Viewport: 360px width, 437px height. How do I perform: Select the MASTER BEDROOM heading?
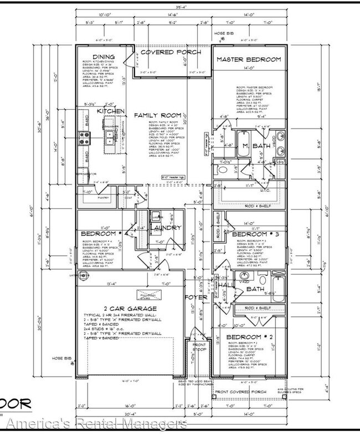tap(248, 59)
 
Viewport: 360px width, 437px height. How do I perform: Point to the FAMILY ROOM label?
tap(155, 115)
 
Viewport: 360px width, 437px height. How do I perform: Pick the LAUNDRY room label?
tap(166, 227)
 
